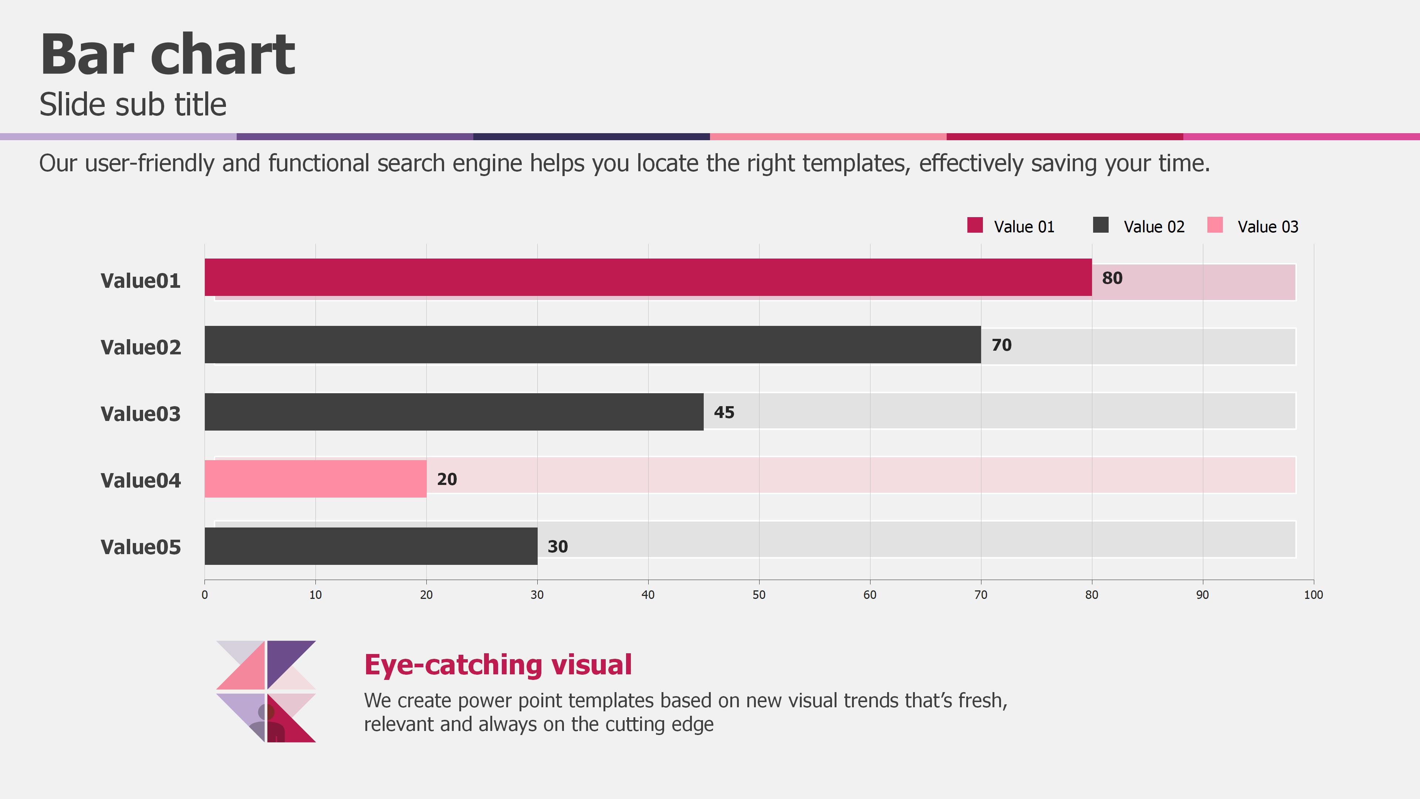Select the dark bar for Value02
592,345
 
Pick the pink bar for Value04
315,479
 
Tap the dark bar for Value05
371,546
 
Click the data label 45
724,412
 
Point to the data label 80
1112,279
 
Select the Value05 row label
141,547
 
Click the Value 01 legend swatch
975,225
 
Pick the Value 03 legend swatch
1214,225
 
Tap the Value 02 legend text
1154,227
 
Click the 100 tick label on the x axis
1313,594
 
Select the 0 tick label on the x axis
204,594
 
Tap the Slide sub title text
133,104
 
